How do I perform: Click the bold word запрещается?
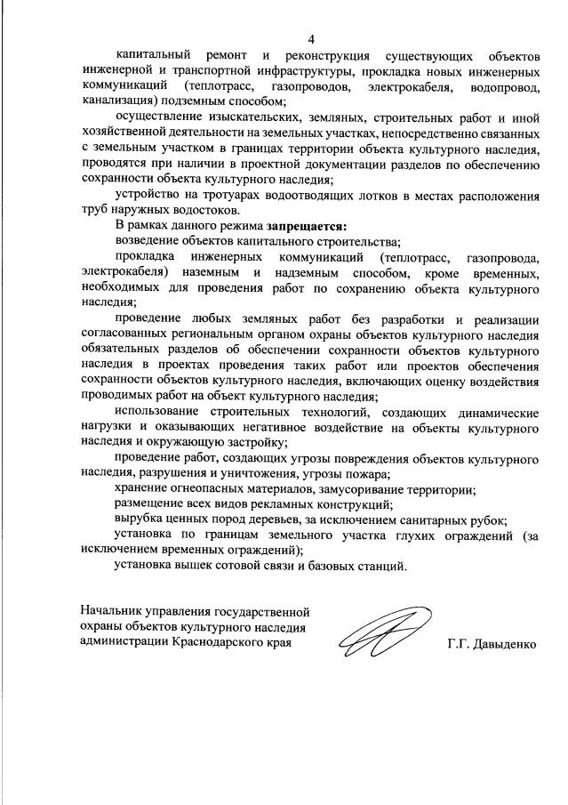click(x=303, y=227)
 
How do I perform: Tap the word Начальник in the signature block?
click(x=113, y=612)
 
